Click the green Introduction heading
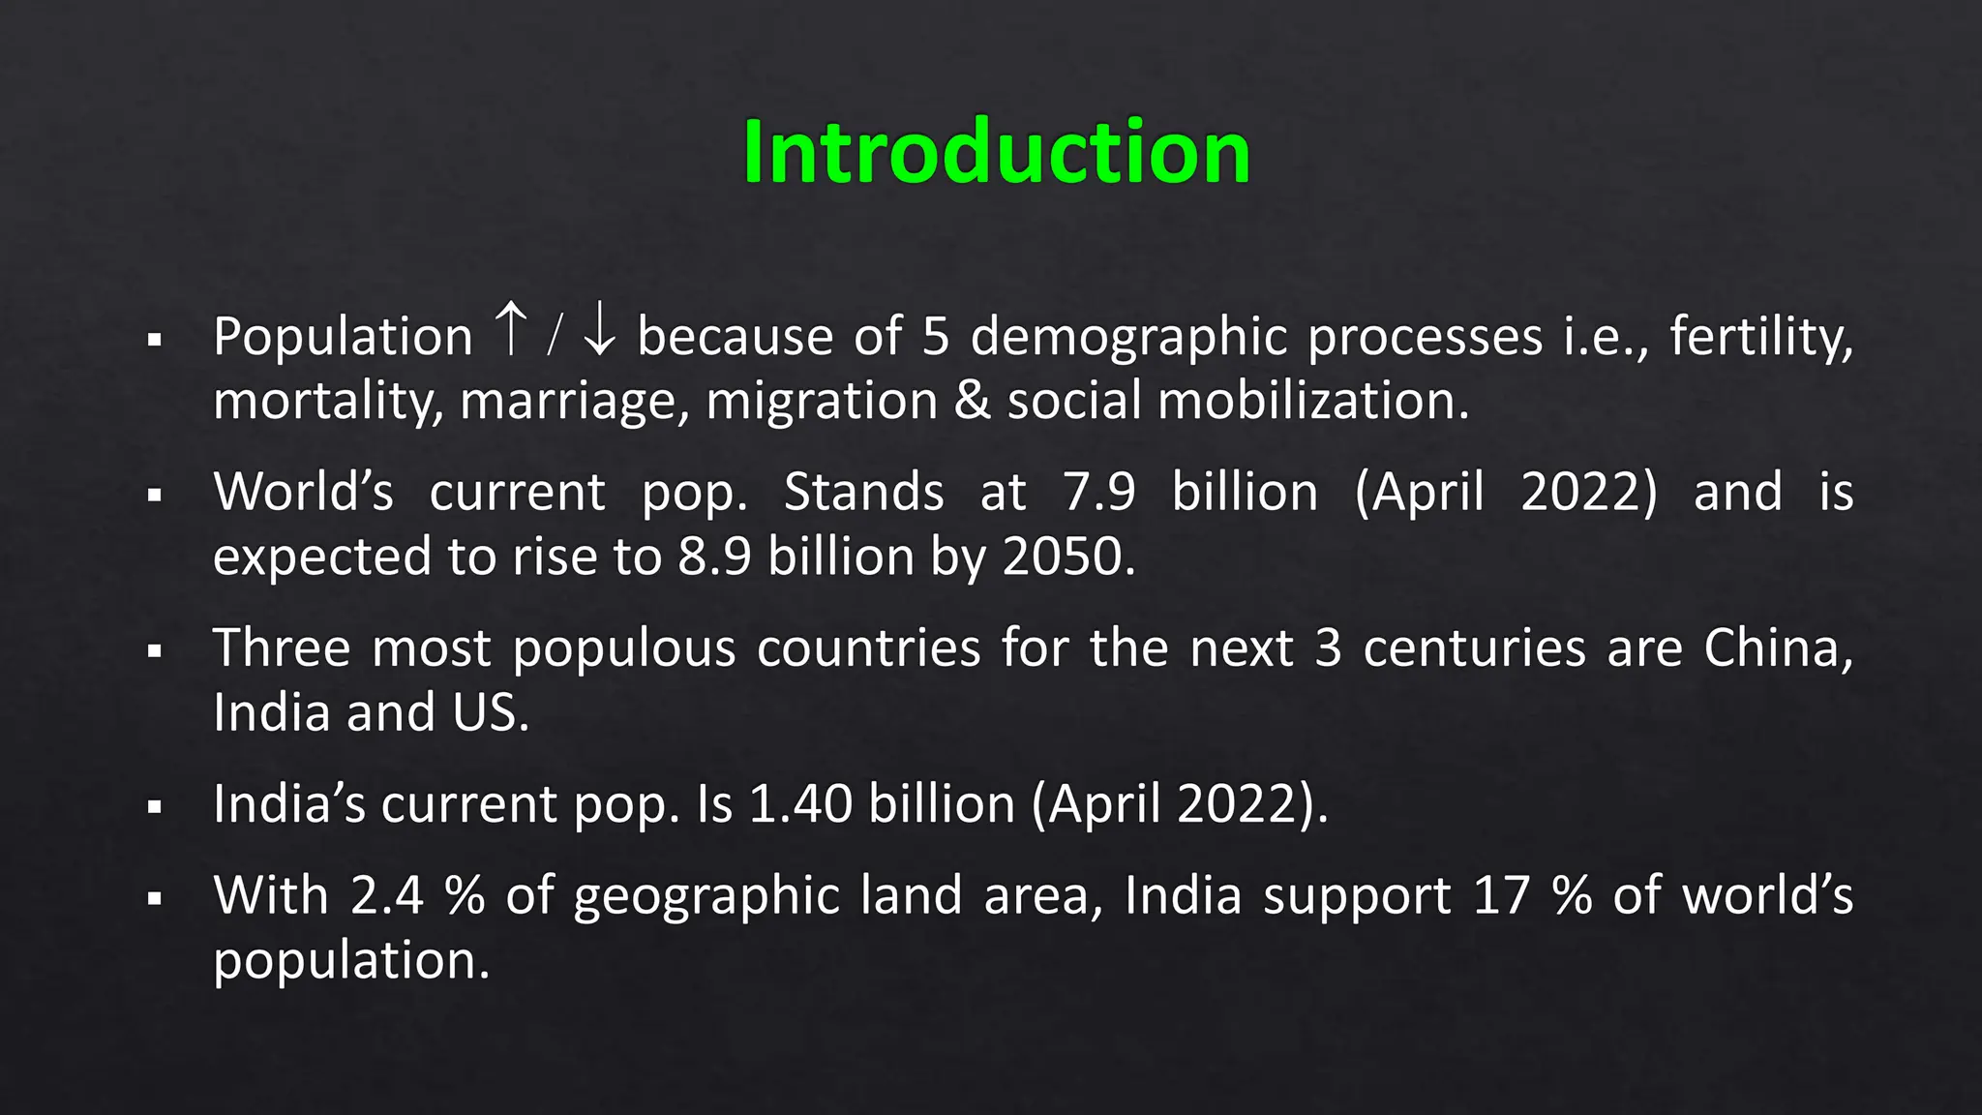point(996,152)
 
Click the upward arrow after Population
point(510,329)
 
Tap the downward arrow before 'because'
point(600,329)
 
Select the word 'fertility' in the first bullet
point(1760,337)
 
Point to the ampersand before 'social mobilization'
point(972,401)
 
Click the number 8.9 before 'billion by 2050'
point(714,557)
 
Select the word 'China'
point(1777,648)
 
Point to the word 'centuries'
point(1474,648)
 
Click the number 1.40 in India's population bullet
point(800,803)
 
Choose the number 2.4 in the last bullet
point(386,895)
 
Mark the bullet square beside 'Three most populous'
point(155,651)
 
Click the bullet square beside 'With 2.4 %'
point(155,899)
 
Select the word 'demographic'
point(1128,337)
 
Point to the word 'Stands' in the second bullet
point(863,492)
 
